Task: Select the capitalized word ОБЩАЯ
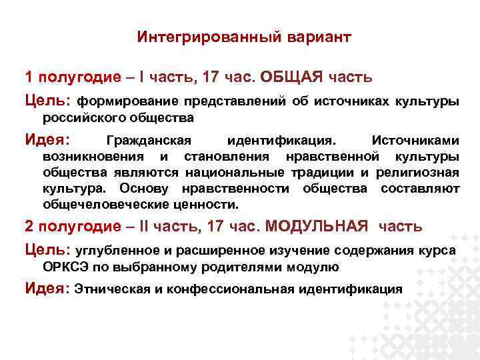[x=291, y=77]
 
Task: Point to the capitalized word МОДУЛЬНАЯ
[x=317, y=226]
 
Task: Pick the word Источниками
[x=415, y=141]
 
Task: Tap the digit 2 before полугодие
[x=29, y=226]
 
